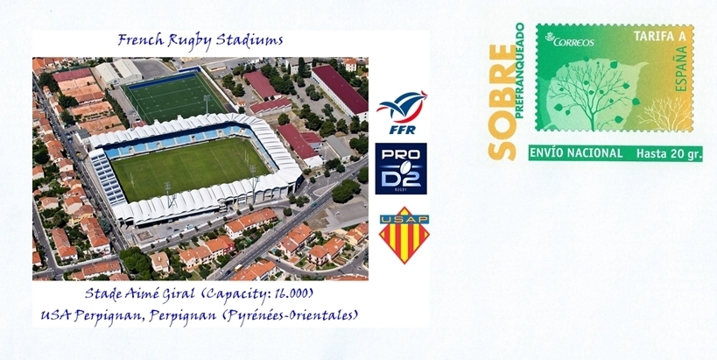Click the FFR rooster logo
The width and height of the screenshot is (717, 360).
coord(402,112)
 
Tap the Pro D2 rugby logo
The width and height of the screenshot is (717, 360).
coord(401,169)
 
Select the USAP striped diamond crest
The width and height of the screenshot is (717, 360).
coord(404,235)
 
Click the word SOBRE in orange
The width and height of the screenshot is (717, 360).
coord(502,102)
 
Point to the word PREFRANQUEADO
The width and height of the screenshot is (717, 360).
coord(519,70)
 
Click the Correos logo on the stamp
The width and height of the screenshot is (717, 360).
coord(570,40)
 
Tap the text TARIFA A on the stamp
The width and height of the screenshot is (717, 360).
coord(653,37)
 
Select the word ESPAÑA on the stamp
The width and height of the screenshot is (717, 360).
coord(681,62)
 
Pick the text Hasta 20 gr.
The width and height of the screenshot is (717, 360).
coord(669,154)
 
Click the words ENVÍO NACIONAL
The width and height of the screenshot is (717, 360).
coord(576,153)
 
